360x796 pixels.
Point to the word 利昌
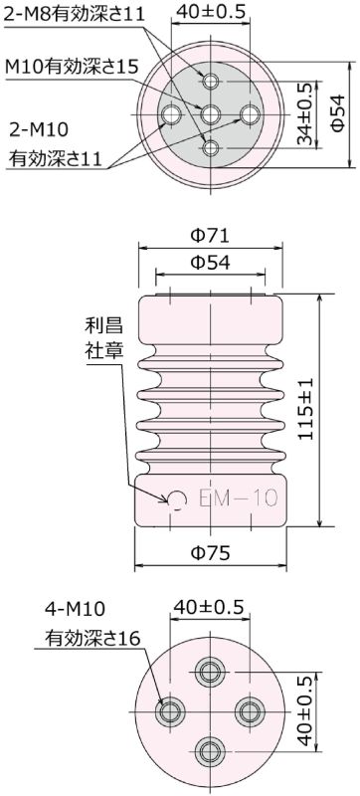(x=102, y=326)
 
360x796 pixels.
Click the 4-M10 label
(x=75, y=607)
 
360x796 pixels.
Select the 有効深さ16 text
(x=86, y=637)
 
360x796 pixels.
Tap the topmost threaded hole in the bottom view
(x=210, y=673)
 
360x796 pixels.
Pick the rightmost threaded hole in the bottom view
(x=249, y=710)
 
